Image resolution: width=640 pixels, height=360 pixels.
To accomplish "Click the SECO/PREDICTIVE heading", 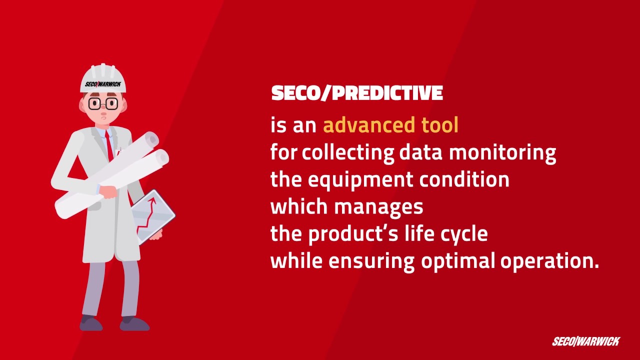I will pos(357,93).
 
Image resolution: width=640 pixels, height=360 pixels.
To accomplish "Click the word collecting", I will pos(347,152).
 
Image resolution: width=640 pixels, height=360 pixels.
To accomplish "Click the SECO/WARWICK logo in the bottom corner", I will pos(585,342).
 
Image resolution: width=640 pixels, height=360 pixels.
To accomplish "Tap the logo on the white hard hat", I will pos(102,84).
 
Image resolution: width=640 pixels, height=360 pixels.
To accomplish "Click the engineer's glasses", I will pos(103,104).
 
